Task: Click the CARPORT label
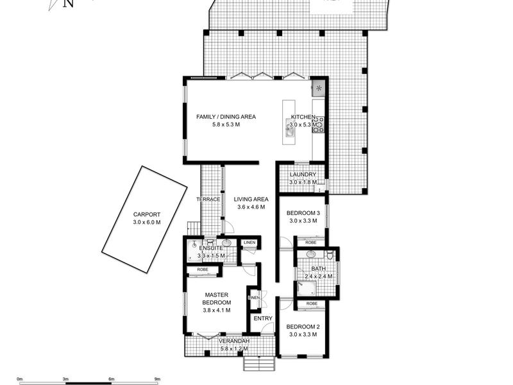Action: (x=147, y=214)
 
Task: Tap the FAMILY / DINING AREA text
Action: (x=226, y=117)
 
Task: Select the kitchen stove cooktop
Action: (x=318, y=124)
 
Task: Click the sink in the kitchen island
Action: (x=290, y=132)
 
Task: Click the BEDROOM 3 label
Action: (x=303, y=212)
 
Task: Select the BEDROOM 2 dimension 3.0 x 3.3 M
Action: (x=303, y=334)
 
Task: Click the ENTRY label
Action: (x=262, y=318)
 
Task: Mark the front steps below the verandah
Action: (x=260, y=364)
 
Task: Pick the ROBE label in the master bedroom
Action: (x=202, y=270)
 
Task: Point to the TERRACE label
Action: (x=208, y=200)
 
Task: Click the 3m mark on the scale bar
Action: (x=65, y=379)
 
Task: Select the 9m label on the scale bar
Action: (x=157, y=379)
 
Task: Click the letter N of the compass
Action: (x=68, y=4)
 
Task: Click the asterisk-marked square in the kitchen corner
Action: (x=319, y=89)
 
